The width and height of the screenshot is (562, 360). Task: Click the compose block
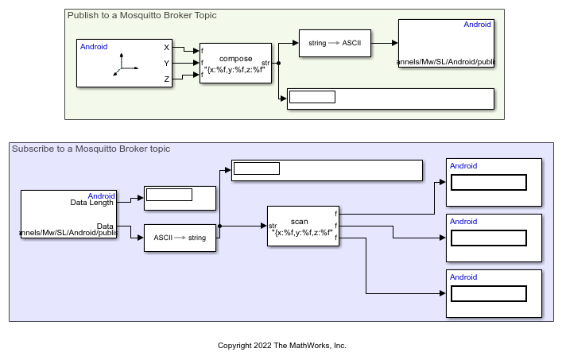point(235,64)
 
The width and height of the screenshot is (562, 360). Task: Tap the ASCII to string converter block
point(180,238)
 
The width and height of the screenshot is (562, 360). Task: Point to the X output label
point(166,48)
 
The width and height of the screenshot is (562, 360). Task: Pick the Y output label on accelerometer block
point(166,63)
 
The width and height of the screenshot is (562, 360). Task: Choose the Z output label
point(166,79)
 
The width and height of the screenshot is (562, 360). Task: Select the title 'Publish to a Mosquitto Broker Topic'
point(141,15)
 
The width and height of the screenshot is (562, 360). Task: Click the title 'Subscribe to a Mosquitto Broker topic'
point(91,149)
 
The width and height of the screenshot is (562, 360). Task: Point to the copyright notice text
point(282,346)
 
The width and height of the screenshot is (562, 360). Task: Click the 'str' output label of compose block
point(265,62)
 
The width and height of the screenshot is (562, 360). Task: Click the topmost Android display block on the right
point(494,183)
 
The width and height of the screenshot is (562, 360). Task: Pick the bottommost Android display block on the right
point(494,294)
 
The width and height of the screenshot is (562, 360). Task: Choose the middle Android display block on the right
point(494,238)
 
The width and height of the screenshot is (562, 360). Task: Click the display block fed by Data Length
point(180,198)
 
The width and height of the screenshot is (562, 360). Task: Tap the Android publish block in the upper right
point(447,43)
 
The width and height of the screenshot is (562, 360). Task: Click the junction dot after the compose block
point(278,62)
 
